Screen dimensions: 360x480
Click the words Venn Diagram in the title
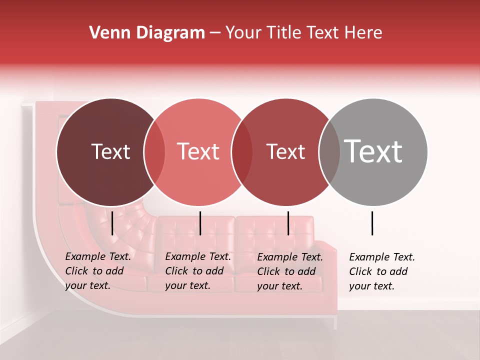[x=147, y=33]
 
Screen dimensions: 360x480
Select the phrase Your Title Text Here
[x=303, y=33]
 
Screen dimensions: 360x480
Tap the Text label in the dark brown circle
[x=110, y=151]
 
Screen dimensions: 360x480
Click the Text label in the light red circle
[x=198, y=151]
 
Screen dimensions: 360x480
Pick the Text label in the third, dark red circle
[x=285, y=151]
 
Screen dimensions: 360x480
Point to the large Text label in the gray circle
[x=373, y=151]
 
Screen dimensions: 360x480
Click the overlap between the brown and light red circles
[x=154, y=152]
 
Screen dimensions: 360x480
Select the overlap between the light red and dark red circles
[x=242, y=152]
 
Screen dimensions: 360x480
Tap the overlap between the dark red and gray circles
[x=329, y=152]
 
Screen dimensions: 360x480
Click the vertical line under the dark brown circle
[x=112, y=223]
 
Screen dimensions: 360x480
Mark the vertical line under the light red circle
[x=200, y=223]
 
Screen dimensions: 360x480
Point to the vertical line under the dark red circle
[x=288, y=223]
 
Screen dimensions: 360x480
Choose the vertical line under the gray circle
[x=372, y=223]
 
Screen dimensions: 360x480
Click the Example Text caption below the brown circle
[x=98, y=271]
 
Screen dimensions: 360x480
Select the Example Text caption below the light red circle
[x=198, y=271]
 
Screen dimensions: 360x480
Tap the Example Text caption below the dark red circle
[x=290, y=271]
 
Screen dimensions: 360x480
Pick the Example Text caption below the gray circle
[x=382, y=271]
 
